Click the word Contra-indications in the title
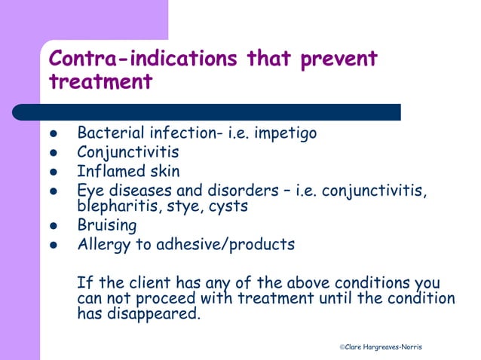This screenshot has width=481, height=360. pos(144,59)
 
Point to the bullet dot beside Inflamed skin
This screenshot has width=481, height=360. pos(54,172)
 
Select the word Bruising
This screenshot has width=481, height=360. pos(107,225)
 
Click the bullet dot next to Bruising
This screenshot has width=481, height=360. pos(54,226)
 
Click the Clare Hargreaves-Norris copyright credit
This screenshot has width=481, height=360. pos(380,346)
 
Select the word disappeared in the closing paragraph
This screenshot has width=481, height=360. pos(158,313)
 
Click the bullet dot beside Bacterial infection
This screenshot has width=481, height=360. pos(54,134)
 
